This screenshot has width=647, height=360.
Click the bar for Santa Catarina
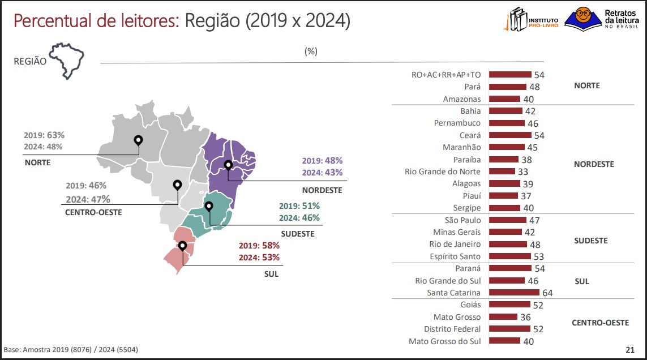[513, 293]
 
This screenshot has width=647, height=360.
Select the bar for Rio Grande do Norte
[502, 172]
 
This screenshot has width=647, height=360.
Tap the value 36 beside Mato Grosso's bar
[525, 318]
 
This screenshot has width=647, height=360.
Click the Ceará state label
[470, 135]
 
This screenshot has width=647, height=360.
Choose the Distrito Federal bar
[509, 329]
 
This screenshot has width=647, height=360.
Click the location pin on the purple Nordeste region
[228, 165]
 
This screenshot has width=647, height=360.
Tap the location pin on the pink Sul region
[182, 246]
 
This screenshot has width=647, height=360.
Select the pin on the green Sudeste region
[209, 206]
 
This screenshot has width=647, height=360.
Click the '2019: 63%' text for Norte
[44, 135]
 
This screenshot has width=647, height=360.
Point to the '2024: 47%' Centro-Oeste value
[88, 199]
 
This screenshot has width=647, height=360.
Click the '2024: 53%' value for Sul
[259, 258]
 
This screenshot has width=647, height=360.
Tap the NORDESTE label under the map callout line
[322, 190]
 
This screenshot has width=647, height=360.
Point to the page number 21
[629, 349]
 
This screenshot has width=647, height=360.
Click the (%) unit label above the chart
[311, 51]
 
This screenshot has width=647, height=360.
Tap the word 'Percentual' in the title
[53, 22]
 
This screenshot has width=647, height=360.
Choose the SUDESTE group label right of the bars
[590, 241]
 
